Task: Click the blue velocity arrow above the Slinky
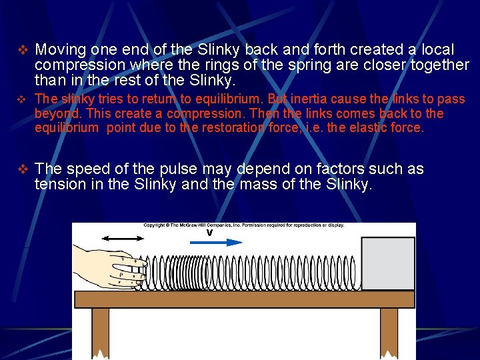tap(217, 242)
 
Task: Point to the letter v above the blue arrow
tap(209, 233)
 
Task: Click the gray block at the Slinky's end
tap(387, 264)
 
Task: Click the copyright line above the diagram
tap(243, 225)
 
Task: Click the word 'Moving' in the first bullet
tap(61, 50)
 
